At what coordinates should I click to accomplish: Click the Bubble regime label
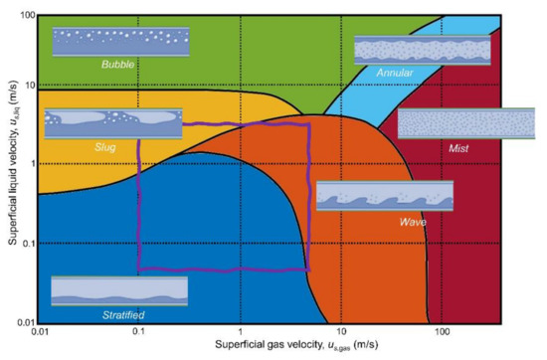point(124,65)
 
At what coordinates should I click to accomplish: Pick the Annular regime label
point(395,74)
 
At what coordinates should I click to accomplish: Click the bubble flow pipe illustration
point(120,44)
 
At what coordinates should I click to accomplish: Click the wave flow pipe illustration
point(384,196)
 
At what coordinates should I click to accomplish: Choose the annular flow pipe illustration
point(422,51)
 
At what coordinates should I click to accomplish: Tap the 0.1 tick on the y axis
point(26,244)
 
